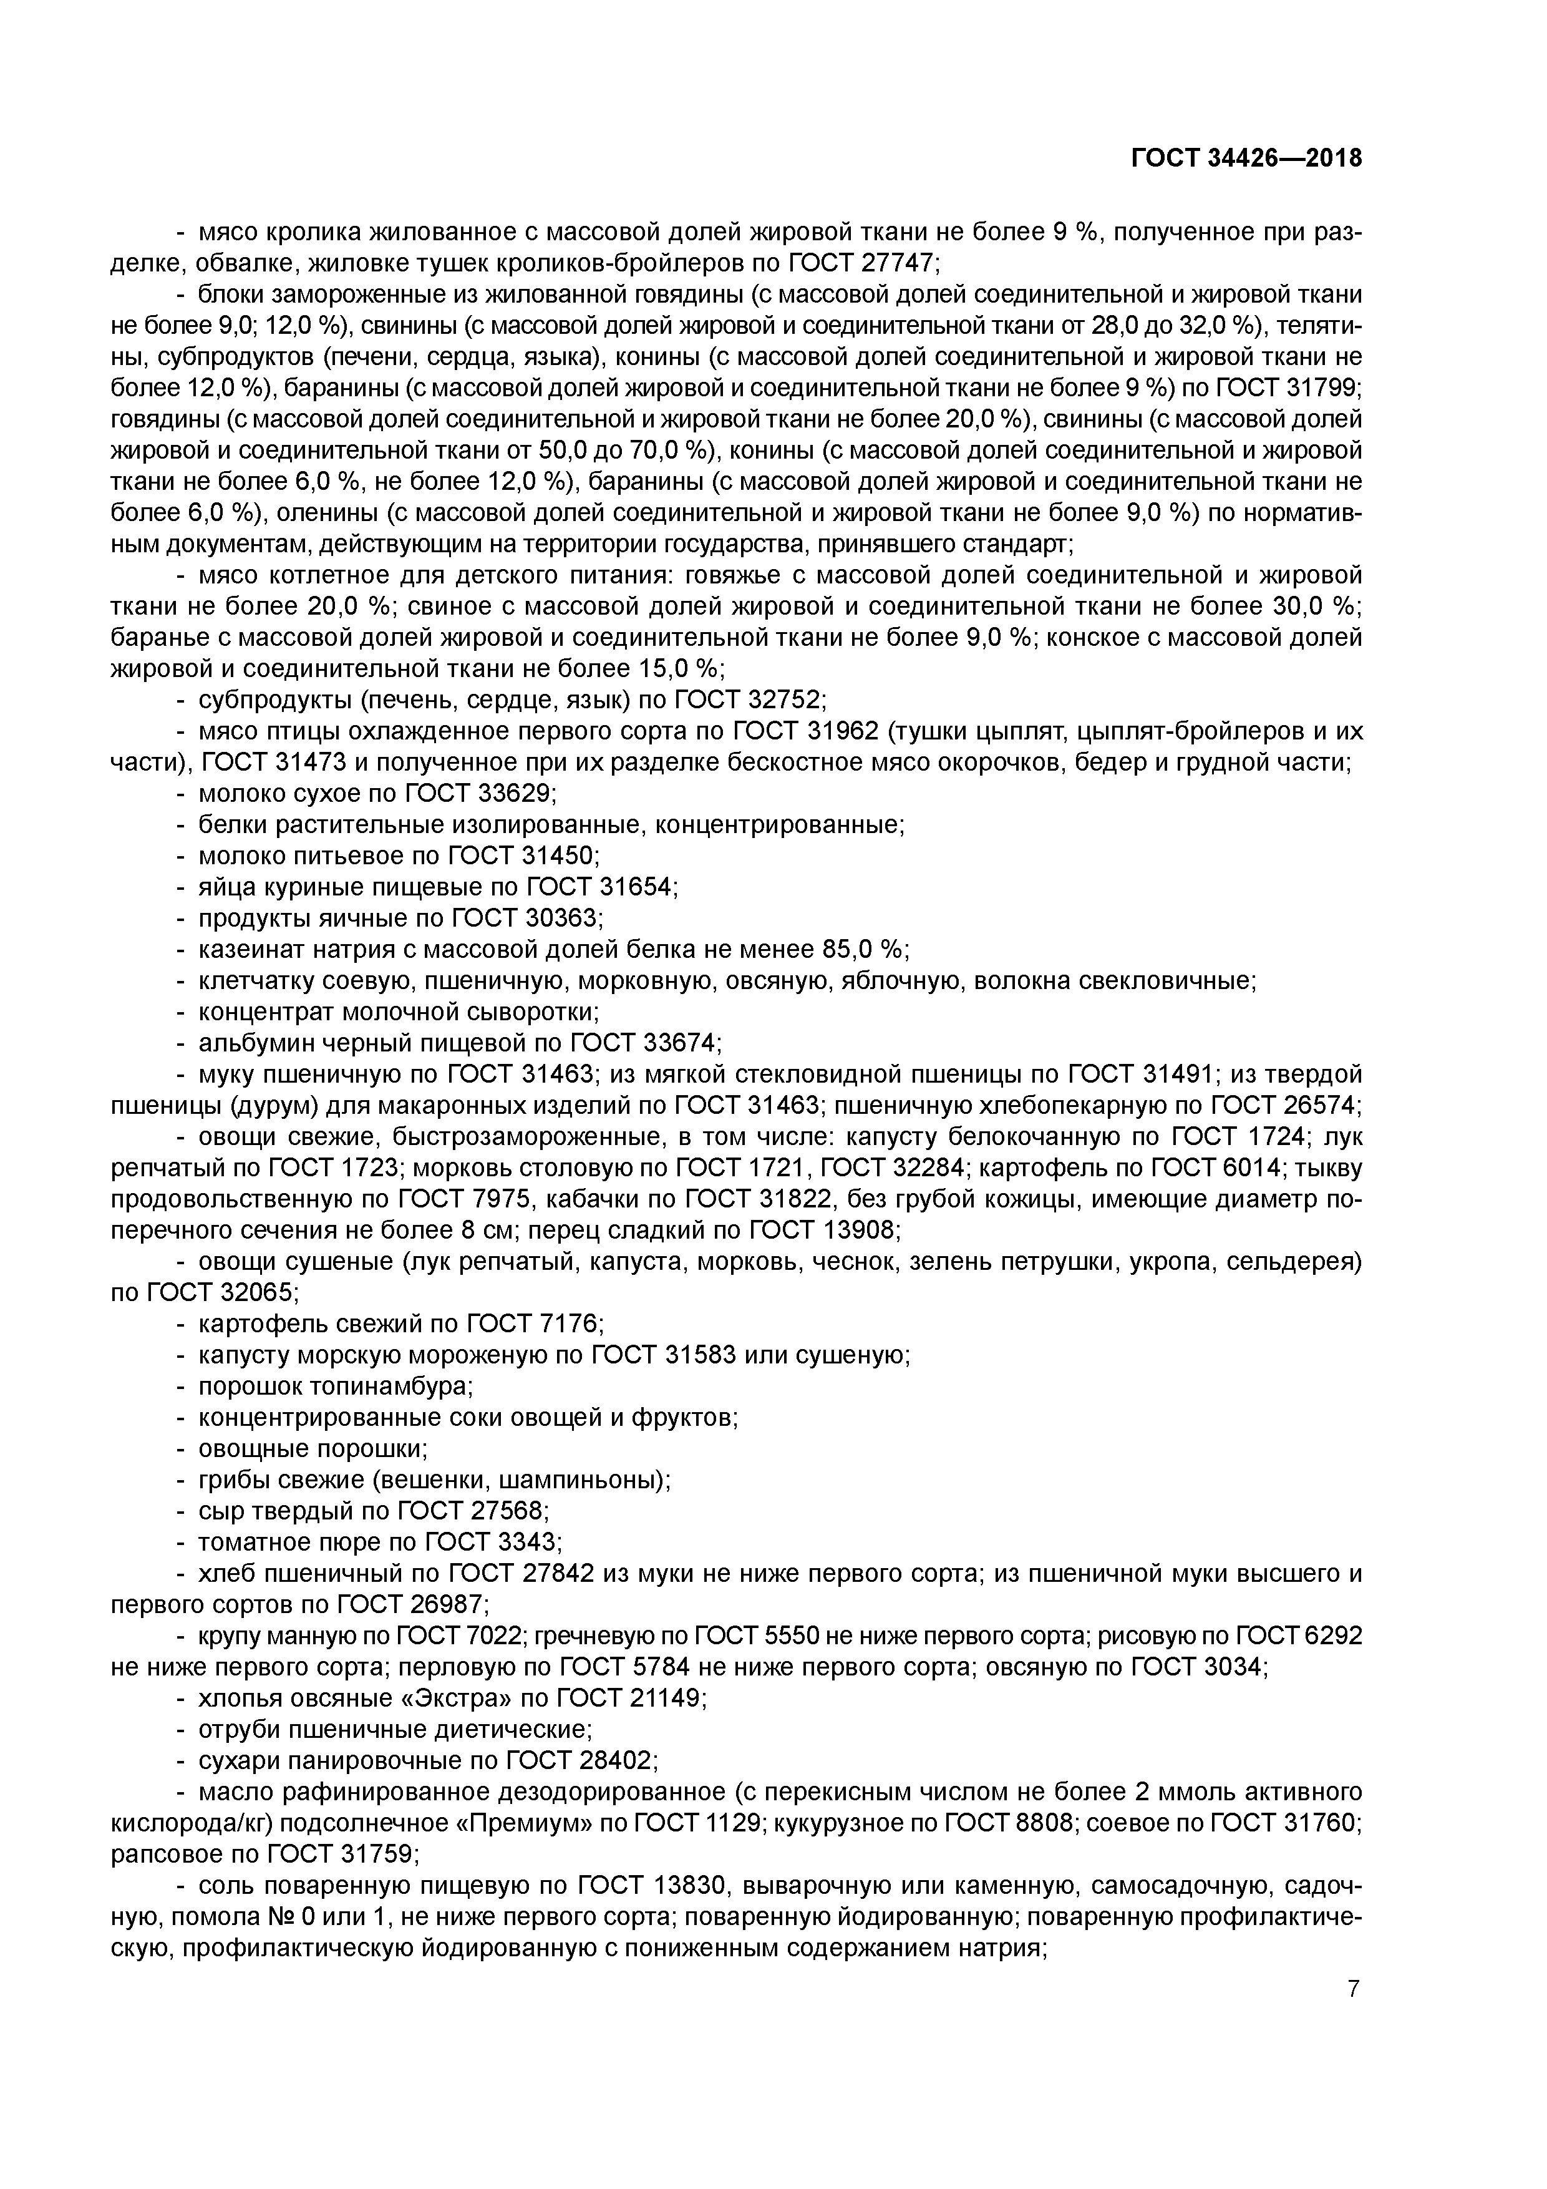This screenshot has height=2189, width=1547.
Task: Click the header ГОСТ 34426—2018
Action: pyautogui.click(x=1246, y=158)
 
